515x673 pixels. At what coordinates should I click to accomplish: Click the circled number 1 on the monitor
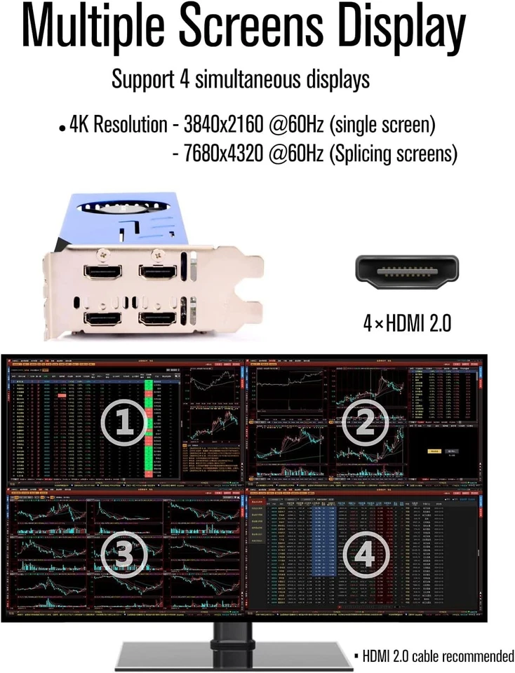coord(123,422)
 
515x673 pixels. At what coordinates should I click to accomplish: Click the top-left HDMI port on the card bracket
coord(102,271)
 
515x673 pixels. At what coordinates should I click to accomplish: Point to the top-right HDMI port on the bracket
coord(156,271)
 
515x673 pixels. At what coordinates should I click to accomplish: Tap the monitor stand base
coord(232,655)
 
